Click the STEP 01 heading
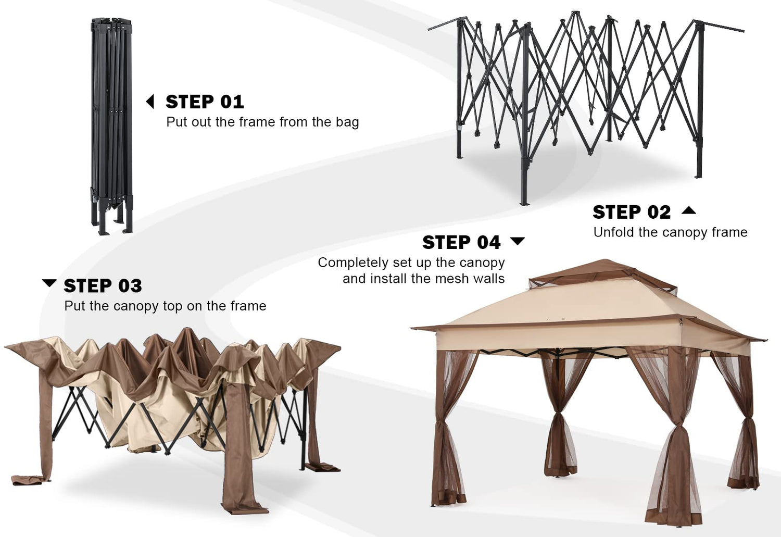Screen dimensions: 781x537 (x=205, y=102)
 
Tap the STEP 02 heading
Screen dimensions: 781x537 (x=632, y=213)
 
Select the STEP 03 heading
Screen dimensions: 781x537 (x=103, y=286)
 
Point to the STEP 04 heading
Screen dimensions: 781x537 (x=461, y=243)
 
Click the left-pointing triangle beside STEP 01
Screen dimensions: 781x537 (x=150, y=102)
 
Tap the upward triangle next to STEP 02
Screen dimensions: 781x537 (x=689, y=210)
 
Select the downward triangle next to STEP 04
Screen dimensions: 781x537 (x=518, y=241)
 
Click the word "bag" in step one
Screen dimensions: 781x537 (x=347, y=123)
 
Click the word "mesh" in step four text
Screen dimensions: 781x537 (x=449, y=279)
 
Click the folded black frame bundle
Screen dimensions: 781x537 (x=111, y=126)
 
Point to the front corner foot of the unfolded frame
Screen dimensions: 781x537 (x=523, y=202)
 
